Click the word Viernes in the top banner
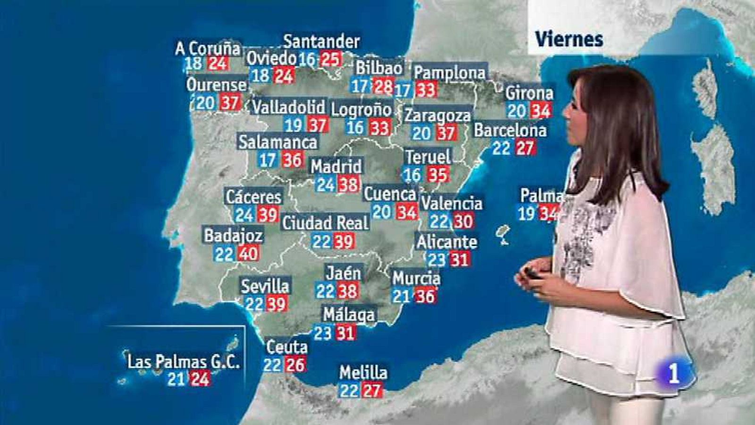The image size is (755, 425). [569, 39]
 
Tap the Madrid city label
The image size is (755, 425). [336, 166]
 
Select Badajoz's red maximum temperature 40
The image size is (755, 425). [248, 254]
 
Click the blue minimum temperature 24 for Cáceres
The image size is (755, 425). [244, 215]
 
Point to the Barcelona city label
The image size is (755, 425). [510, 130]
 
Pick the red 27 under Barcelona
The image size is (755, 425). [524, 148]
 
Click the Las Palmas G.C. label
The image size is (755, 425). [183, 362]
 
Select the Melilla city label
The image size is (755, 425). [363, 373]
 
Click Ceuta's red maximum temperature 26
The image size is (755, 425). [295, 365]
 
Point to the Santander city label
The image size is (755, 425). [321, 42]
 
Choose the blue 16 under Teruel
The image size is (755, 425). [412, 175]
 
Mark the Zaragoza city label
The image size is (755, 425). [437, 115]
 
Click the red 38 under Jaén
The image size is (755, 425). [347, 291]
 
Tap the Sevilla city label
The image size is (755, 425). [265, 286]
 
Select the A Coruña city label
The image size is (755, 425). [208, 48]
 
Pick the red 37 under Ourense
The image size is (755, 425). [230, 102]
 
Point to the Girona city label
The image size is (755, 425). [529, 93]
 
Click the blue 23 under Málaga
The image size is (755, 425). [323, 333]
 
